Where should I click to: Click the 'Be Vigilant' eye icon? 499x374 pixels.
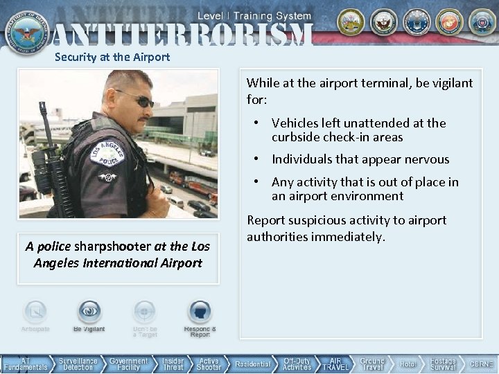click(89, 312)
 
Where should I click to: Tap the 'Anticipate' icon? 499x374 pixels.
click(35, 312)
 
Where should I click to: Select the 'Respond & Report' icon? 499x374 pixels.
click(200, 312)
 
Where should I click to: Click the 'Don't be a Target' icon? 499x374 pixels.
click(145, 312)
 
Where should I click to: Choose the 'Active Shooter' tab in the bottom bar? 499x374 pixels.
click(209, 364)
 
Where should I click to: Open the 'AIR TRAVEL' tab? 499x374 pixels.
click(335, 364)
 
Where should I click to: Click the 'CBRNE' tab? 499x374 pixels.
click(481, 364)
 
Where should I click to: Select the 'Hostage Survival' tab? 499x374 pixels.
click(443, 364)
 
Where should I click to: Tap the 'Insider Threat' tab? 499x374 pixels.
click(173, 364)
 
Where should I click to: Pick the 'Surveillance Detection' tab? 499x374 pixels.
click(78, 364)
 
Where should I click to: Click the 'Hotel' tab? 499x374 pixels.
click(408, 364)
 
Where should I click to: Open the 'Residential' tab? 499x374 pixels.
click(252, 364)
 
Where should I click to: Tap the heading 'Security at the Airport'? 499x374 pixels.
click(112, 57)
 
